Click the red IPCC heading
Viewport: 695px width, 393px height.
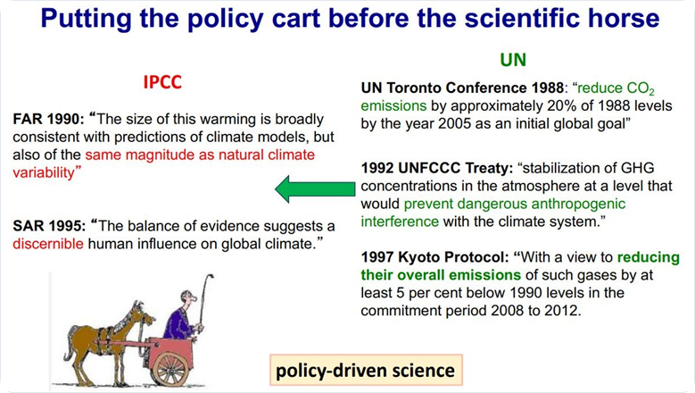[x=162, y=82]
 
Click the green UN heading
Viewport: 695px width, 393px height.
[x=513, y=60]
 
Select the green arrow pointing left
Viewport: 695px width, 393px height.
[x=315, y=189]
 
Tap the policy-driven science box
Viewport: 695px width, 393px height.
[x=366, y=370]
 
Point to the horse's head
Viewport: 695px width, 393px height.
[x=143, y=316]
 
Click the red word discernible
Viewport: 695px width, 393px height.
[x=48, y=244]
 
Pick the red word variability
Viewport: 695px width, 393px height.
[x=44, y=173]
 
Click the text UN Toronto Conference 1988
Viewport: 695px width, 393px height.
[x=462, y=88]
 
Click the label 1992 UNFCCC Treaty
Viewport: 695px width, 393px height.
[x=436, y=168]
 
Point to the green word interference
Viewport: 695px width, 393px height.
[x=400, y=222]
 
